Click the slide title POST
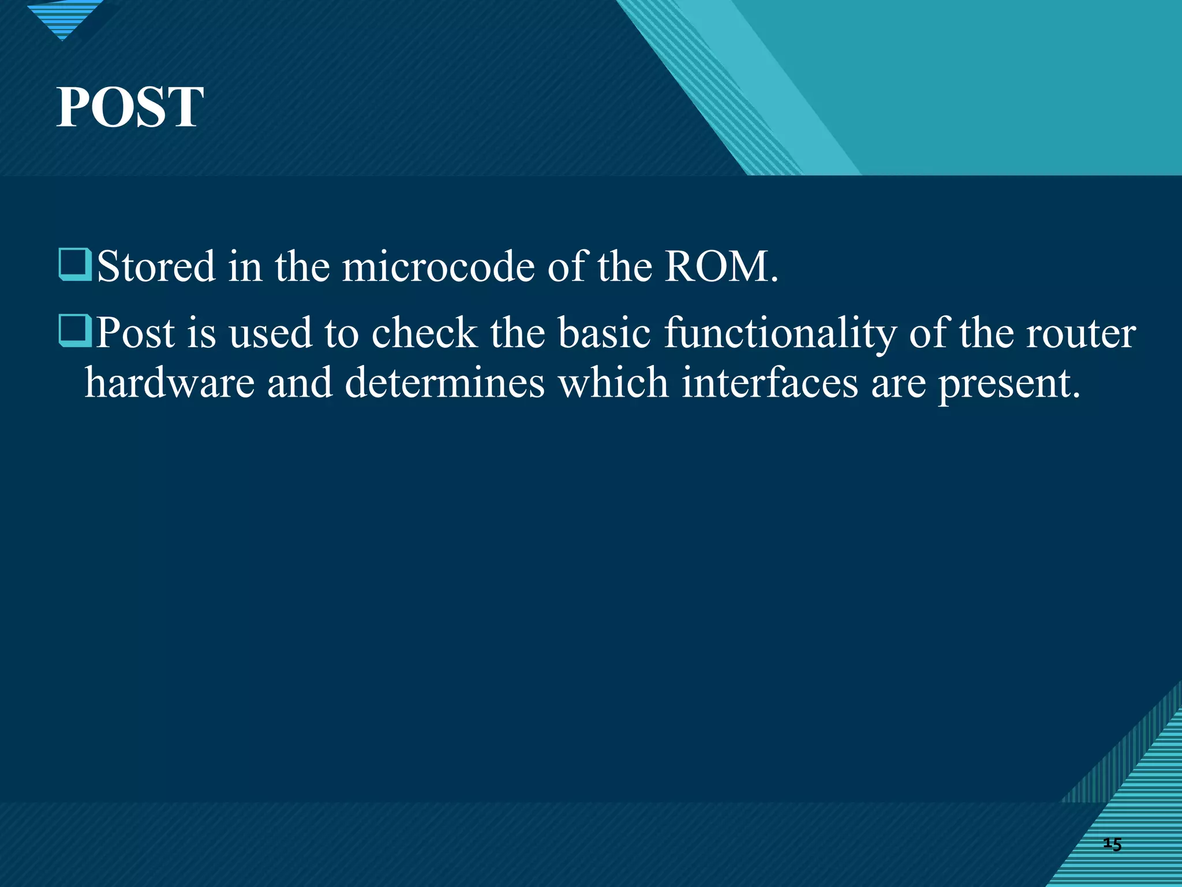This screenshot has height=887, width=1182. [x=130, y=107]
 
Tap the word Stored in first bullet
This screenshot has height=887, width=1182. [x=156, y=267]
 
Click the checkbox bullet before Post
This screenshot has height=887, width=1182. [x=75, y=331]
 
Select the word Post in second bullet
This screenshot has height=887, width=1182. [x=135, y=333]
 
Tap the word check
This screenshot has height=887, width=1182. [x=424, y=333]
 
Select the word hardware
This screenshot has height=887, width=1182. [x=170, y=383]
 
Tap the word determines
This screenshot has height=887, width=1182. [x=444, y=383]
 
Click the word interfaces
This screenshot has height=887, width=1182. [x=769, y=383]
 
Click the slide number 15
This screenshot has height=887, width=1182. [x=1112, y=844]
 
